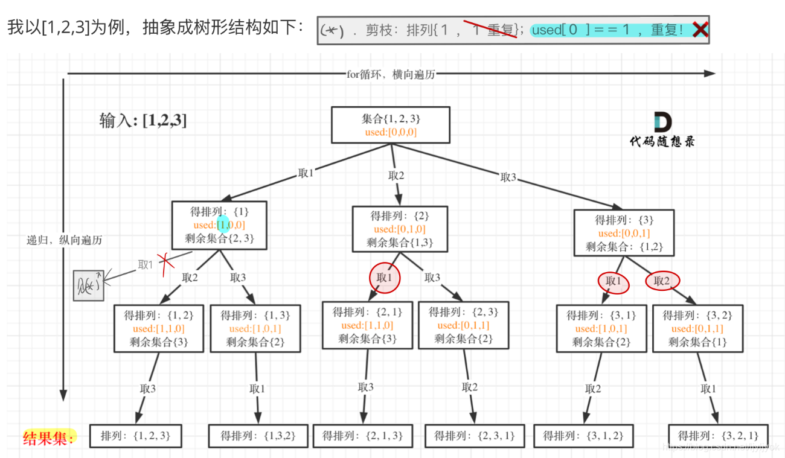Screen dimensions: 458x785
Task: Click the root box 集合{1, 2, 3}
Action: click(391, 125)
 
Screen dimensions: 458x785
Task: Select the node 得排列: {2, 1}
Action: click(367, 325)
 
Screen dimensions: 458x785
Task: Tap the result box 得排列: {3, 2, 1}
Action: click(717, 435)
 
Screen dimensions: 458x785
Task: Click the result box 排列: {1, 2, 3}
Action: click(135, 435)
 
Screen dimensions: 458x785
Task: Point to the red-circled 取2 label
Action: click(662, 281)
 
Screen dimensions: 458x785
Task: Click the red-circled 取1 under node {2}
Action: click(385, 278)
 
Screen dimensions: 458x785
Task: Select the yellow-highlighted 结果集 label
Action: click(49, 437)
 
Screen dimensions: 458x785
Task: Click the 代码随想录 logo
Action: click(662, 130)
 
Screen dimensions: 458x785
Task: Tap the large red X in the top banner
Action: click(699, 30)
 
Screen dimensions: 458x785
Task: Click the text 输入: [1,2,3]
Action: click(143, 121)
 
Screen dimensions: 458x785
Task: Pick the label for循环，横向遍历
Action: click(390, 74)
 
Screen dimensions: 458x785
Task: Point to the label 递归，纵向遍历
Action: click(65, 240)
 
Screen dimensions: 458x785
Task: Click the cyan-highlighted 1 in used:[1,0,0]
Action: click(223, 224)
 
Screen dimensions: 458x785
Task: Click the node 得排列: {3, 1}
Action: click(601, 328)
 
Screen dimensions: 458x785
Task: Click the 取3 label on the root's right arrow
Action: click(508, 177)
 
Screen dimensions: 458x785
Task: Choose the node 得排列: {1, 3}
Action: click(255, 328)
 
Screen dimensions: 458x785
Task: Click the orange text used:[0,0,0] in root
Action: click(391, 132)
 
